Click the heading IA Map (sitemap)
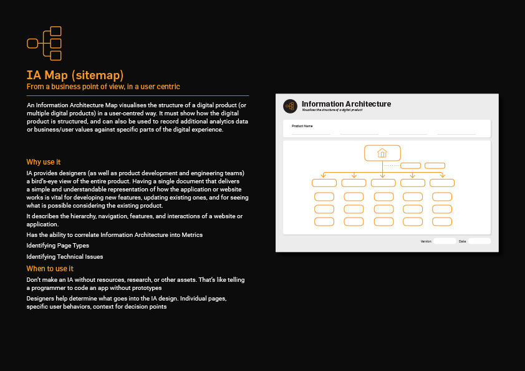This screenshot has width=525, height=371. click(x=75, y=75)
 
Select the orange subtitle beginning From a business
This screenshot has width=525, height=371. click(x=103, y=86)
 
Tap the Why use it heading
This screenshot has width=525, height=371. click(x=44, y=162)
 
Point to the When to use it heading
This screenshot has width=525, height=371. click(x=50, y=269)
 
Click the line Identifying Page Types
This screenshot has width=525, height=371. click(x=57, y=246)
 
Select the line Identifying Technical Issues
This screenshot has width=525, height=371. click(x=65, y=256)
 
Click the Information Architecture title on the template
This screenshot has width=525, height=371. click(x=346, y=104)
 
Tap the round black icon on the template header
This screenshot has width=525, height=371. click(x=290, y=106)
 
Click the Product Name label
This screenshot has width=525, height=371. click(x=302, y=126)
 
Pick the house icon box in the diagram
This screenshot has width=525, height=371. click(x=382, y=153)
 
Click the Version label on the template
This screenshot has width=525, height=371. click(x=426, y=241)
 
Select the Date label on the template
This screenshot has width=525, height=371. click(x=462, y=241)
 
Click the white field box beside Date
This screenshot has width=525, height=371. click(x=479, y=241)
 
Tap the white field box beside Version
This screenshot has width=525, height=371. click(x=445, y=241)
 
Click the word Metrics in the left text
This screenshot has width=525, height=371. click(x=191, y=234)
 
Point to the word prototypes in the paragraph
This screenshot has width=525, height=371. click(x=145, y=288)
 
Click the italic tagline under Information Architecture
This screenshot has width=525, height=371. click(x=332, y=110)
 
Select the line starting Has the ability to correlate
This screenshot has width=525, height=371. click(x=114, y=234)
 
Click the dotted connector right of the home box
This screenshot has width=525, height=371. click(x=391, y=165)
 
